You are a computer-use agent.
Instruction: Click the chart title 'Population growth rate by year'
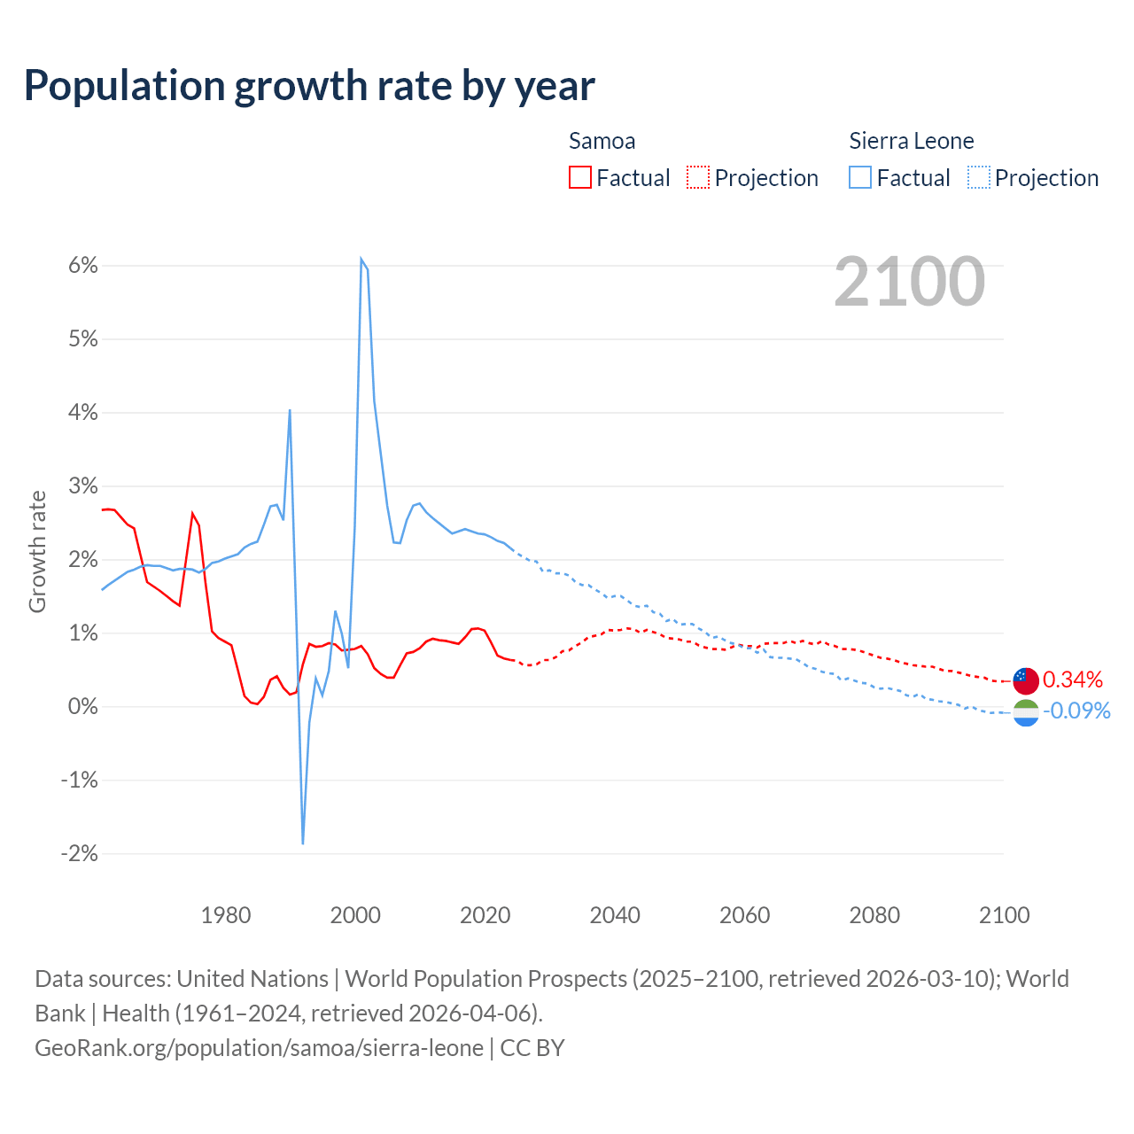pyautogui.click(x=309, y=86)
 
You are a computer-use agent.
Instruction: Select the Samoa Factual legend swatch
pyautogui.click(x=579, y=177)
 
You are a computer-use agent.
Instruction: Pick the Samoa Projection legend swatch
pyautogui.click(x=698, y=177)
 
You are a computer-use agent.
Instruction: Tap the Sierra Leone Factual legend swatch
pyautogui.click(x=859, y=177)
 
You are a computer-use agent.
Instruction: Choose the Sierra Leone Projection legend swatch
pyautogui.click(x=978, y=177)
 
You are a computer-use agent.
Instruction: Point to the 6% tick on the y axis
pyautogui.click(x=80, y=266)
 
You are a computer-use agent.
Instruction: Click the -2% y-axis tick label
pyautogui.click(x=79, y=854)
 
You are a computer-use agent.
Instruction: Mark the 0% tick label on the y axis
pyautogui.click(x=82, y=707)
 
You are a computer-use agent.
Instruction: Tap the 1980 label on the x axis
pyautogui.click(x=226, y=915)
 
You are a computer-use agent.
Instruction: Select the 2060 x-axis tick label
pyautogui.click(x=744, y=915)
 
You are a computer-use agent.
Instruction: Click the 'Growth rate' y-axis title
pyautogui.click(x=37, y=551)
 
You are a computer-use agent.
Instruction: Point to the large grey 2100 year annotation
pyautogui.click(x=909, y=282)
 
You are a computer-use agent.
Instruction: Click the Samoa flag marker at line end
pyautogui.click(x=1025, y=680)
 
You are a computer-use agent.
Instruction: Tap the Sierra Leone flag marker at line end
pyautogui.click(x=1025, y=712)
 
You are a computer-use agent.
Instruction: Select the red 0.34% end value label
pyautogui.click(x=1073, y=680)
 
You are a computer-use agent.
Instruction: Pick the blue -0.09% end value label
pyautogui.click(x=1076, y=711)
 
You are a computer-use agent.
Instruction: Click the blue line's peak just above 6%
pyautogui.click(x=361, y=259)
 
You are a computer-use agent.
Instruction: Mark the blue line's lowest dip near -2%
pyautogui.click(x=303, y=843)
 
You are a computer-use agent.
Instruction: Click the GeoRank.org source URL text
pyautogui.click(x=259, y=1048)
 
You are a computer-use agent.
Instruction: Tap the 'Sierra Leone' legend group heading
pyautogui.click(x=911, y=141)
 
